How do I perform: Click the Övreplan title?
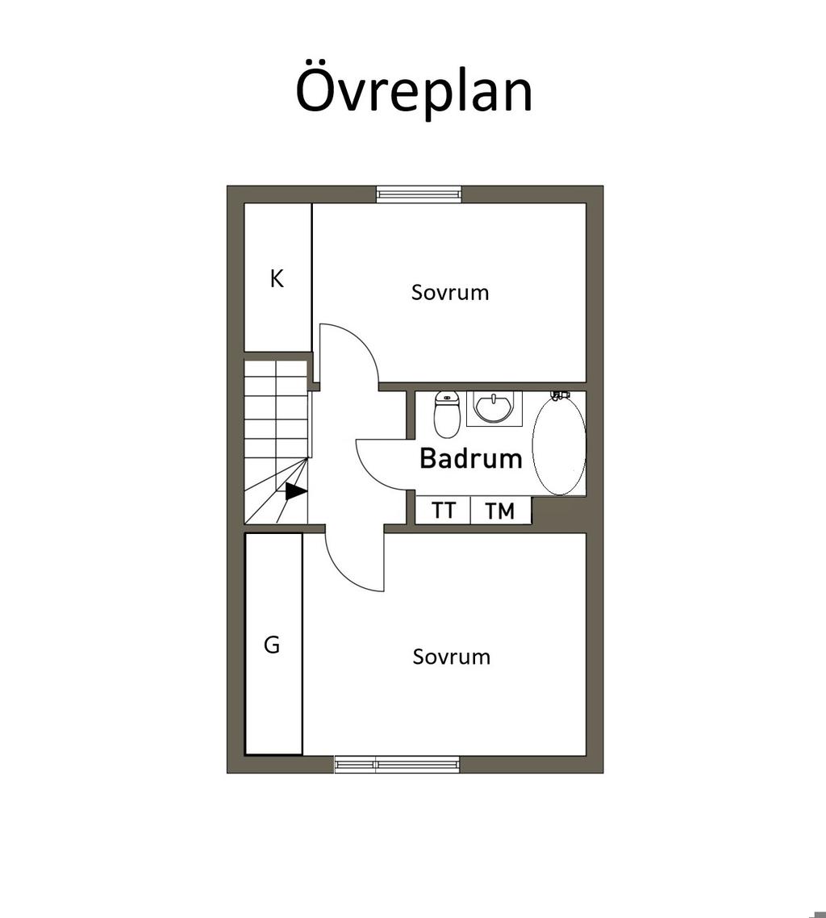[x=414, y=90]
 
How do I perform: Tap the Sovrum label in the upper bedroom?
[x=449, y=292]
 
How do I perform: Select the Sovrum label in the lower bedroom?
[x=452, y=657]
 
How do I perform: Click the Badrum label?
[x=470, y=458]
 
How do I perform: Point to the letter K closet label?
[x=277, y=278]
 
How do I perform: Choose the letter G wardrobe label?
[x=272, y=645]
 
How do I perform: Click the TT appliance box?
[x=443, y=510]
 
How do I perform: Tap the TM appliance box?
[x=500, y=510]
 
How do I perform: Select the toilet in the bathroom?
[x=447, y=414]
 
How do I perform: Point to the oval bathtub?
[x=559, y=445]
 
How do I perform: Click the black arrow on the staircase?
[x=296, y=491]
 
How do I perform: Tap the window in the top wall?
[x=419, y=194]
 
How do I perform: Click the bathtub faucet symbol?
[x=561, y=395]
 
